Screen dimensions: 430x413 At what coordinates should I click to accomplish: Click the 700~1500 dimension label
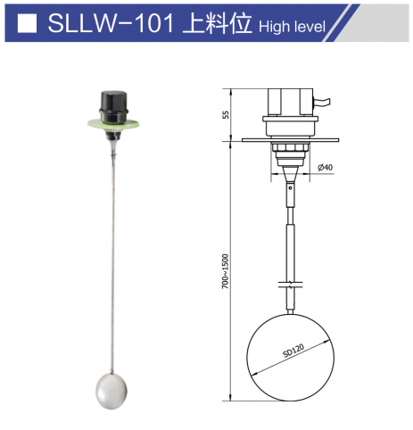227,268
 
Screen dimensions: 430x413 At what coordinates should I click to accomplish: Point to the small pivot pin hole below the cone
287,189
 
